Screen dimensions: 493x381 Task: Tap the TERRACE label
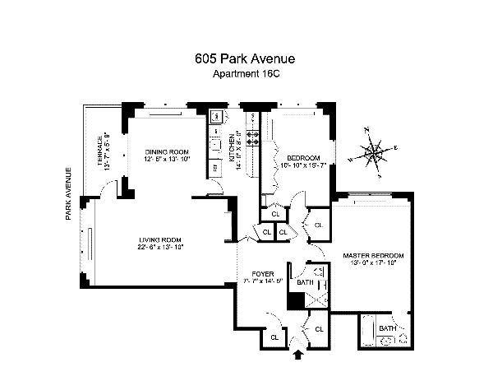click(100, 151)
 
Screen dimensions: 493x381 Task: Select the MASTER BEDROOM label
click(369, 256)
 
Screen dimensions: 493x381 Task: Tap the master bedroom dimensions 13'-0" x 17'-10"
click(369, 263)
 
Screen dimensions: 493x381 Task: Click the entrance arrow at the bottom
click(297, 355)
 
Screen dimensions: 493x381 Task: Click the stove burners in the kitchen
click(254, 137)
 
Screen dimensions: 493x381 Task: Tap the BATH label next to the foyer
click(305, 283)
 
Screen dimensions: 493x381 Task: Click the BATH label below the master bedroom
click(387, 328)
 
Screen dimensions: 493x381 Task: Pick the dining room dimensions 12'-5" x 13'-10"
click(168, 159)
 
